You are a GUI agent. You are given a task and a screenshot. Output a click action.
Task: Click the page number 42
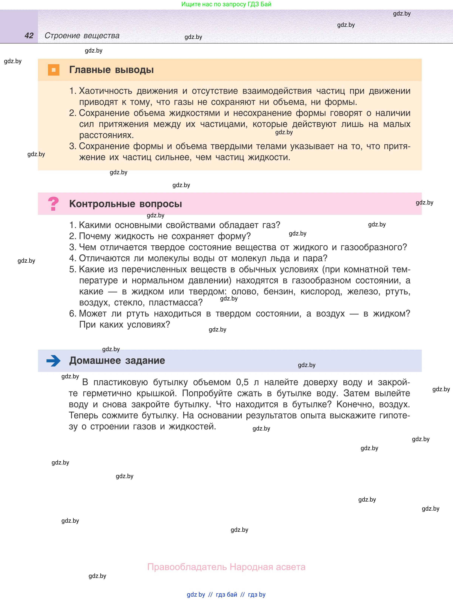click(x=29, y=36)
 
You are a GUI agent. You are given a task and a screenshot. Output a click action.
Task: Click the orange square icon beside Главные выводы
click(x=53, y=70)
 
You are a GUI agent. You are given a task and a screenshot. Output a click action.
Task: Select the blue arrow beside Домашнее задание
click(x=53, y=361)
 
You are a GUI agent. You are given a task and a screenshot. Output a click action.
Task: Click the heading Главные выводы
click(x=111, y=70)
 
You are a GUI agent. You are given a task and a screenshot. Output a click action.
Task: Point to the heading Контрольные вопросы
click(x=125, y=204)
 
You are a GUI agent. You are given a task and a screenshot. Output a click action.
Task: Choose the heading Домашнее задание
click(x=117, y=361)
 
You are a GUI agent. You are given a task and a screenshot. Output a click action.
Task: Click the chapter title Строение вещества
click(x=82, y=36)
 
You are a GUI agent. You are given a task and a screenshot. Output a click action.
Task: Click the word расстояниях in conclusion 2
click(x=106, y=135)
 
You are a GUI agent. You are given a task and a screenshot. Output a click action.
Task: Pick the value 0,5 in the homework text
click(x=242, y=382)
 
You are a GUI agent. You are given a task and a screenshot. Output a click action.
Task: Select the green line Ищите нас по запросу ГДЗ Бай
click(x=226, y=4)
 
